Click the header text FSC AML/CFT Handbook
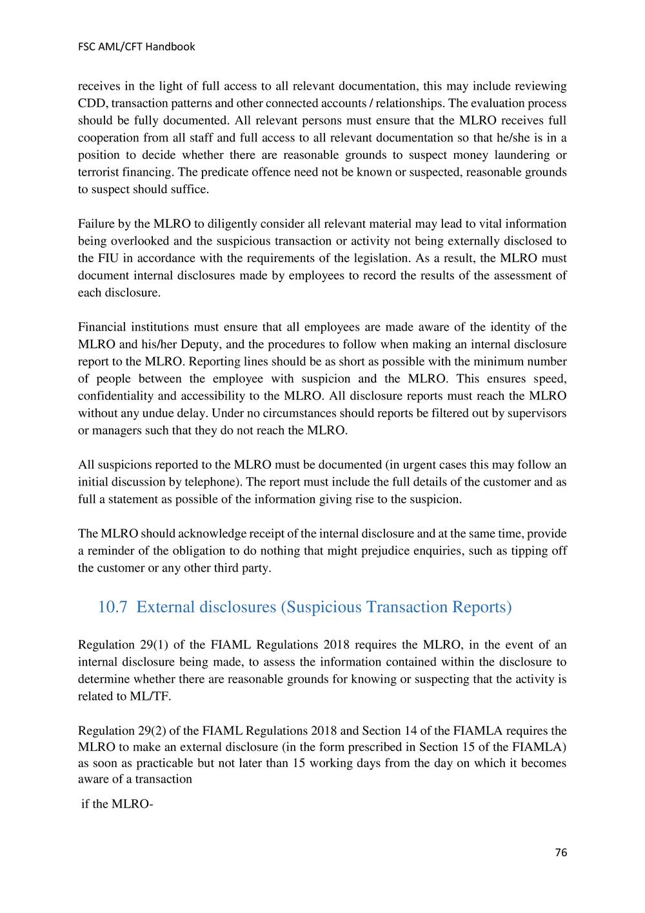[136, 46]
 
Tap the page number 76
[561, 852]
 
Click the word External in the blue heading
[166, 608]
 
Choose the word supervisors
[538, 413]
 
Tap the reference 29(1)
[153, 644]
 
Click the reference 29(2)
[153, 731]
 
